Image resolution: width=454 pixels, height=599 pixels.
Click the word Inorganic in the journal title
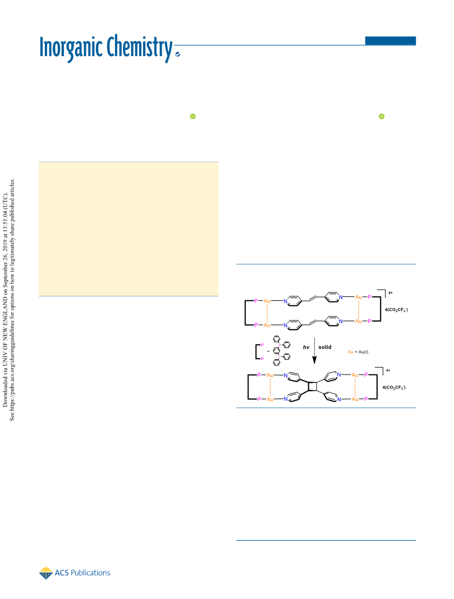coord(71,47)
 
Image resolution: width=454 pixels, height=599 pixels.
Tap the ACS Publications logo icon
coord(46,573)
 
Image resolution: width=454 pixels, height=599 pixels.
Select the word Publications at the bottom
coord(90,573)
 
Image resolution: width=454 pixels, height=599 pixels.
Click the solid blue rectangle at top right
coord(390,40)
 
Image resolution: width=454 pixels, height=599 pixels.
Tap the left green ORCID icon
coord(193,116)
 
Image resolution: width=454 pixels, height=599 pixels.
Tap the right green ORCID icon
coord(382,116)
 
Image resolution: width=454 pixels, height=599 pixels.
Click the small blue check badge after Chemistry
coord(177,54)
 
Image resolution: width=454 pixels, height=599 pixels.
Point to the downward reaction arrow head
coord(314,360)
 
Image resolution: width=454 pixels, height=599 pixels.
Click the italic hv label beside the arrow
coord(306,347)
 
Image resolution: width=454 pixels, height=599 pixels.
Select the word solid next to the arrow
coord(325,347)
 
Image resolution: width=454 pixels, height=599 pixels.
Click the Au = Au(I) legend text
coord(358,352)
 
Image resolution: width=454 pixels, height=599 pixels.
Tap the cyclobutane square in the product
coord(313,387)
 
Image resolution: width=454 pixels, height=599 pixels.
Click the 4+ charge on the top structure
coord(391,293)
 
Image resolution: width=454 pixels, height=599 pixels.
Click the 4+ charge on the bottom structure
coord(388,370)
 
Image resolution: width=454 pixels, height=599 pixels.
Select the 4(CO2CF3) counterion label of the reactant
coord(396,310)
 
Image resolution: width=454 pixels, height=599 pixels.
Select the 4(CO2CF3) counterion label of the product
coord(394,387)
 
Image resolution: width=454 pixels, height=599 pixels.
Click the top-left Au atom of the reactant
coord(267,301)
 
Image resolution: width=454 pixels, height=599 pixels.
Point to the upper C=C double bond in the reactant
coord(313,298)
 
